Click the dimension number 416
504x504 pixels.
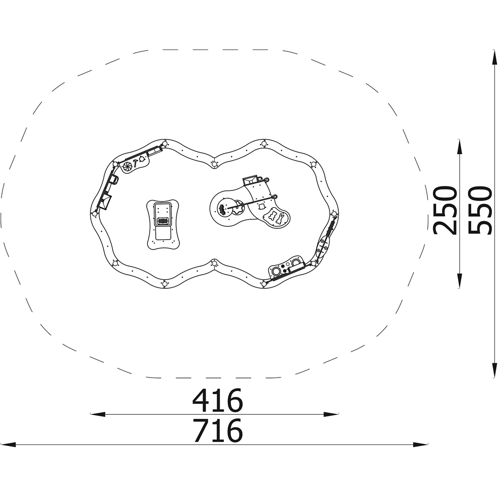pos(217,400)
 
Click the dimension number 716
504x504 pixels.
pos(217,430)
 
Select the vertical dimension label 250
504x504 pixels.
pos(445,211)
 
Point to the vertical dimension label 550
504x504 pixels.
pos(480,211)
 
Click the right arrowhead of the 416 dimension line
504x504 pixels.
pos(331,414)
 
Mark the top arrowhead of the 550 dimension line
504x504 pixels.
pos(495,58)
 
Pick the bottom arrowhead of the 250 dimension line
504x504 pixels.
pos(460,280)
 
